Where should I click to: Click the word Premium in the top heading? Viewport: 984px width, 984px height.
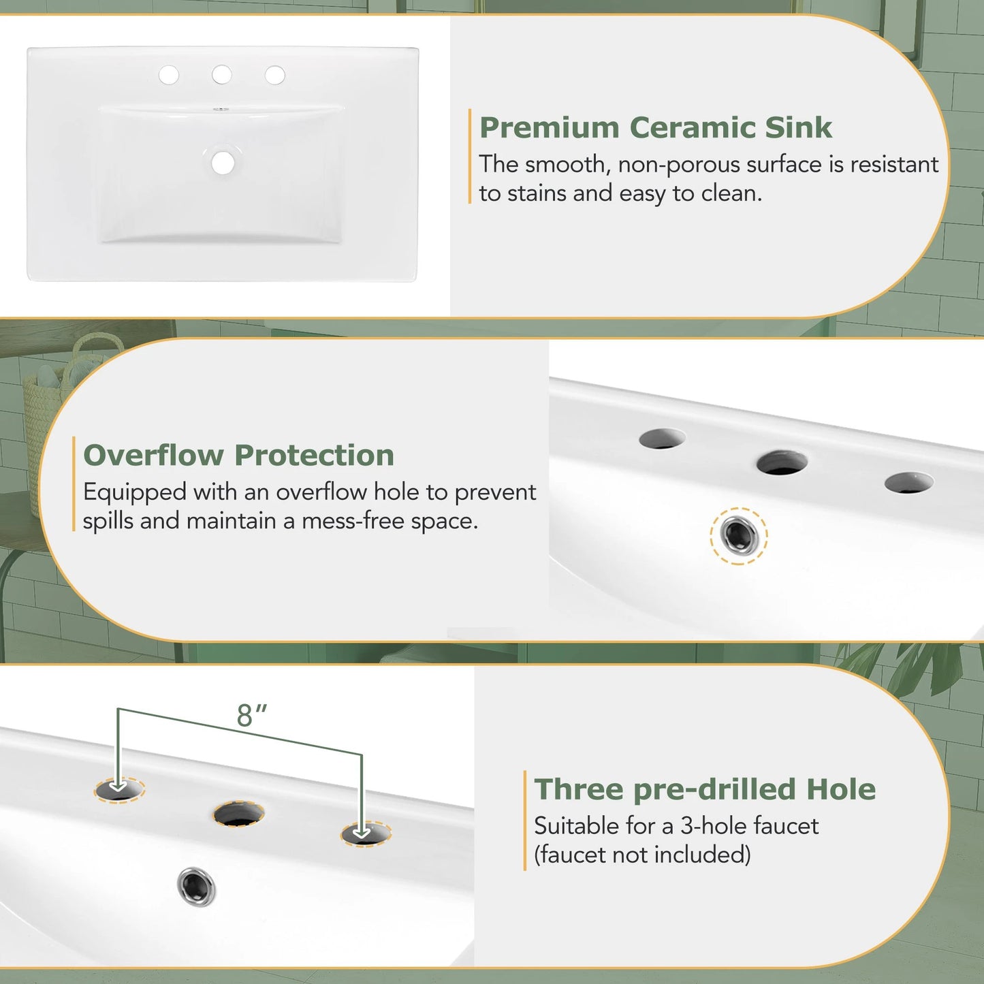[x=549, y=128]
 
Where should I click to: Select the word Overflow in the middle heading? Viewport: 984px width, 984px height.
[x=153, y=456]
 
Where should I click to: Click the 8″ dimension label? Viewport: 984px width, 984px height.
[x=251, y=716]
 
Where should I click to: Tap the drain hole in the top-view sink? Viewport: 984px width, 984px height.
[x=223, y=163]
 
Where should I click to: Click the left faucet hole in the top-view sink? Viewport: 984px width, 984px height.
[x=169, y=75]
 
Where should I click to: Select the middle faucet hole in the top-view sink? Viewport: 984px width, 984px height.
[x=222, y=75]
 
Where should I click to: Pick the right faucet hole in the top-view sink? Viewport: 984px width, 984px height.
[x=275, y=75]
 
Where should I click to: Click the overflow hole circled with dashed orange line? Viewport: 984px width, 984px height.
[x=739, y=535]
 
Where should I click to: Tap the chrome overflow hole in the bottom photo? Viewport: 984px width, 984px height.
[x=196, y=887]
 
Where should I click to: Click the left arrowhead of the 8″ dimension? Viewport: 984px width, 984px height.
[x=118, y=787]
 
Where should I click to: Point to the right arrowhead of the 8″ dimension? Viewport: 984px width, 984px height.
[x=362, y=831]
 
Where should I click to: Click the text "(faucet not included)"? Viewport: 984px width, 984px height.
[x=642, y=855]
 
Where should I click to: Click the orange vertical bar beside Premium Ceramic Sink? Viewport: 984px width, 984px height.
[x=470, y=156]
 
